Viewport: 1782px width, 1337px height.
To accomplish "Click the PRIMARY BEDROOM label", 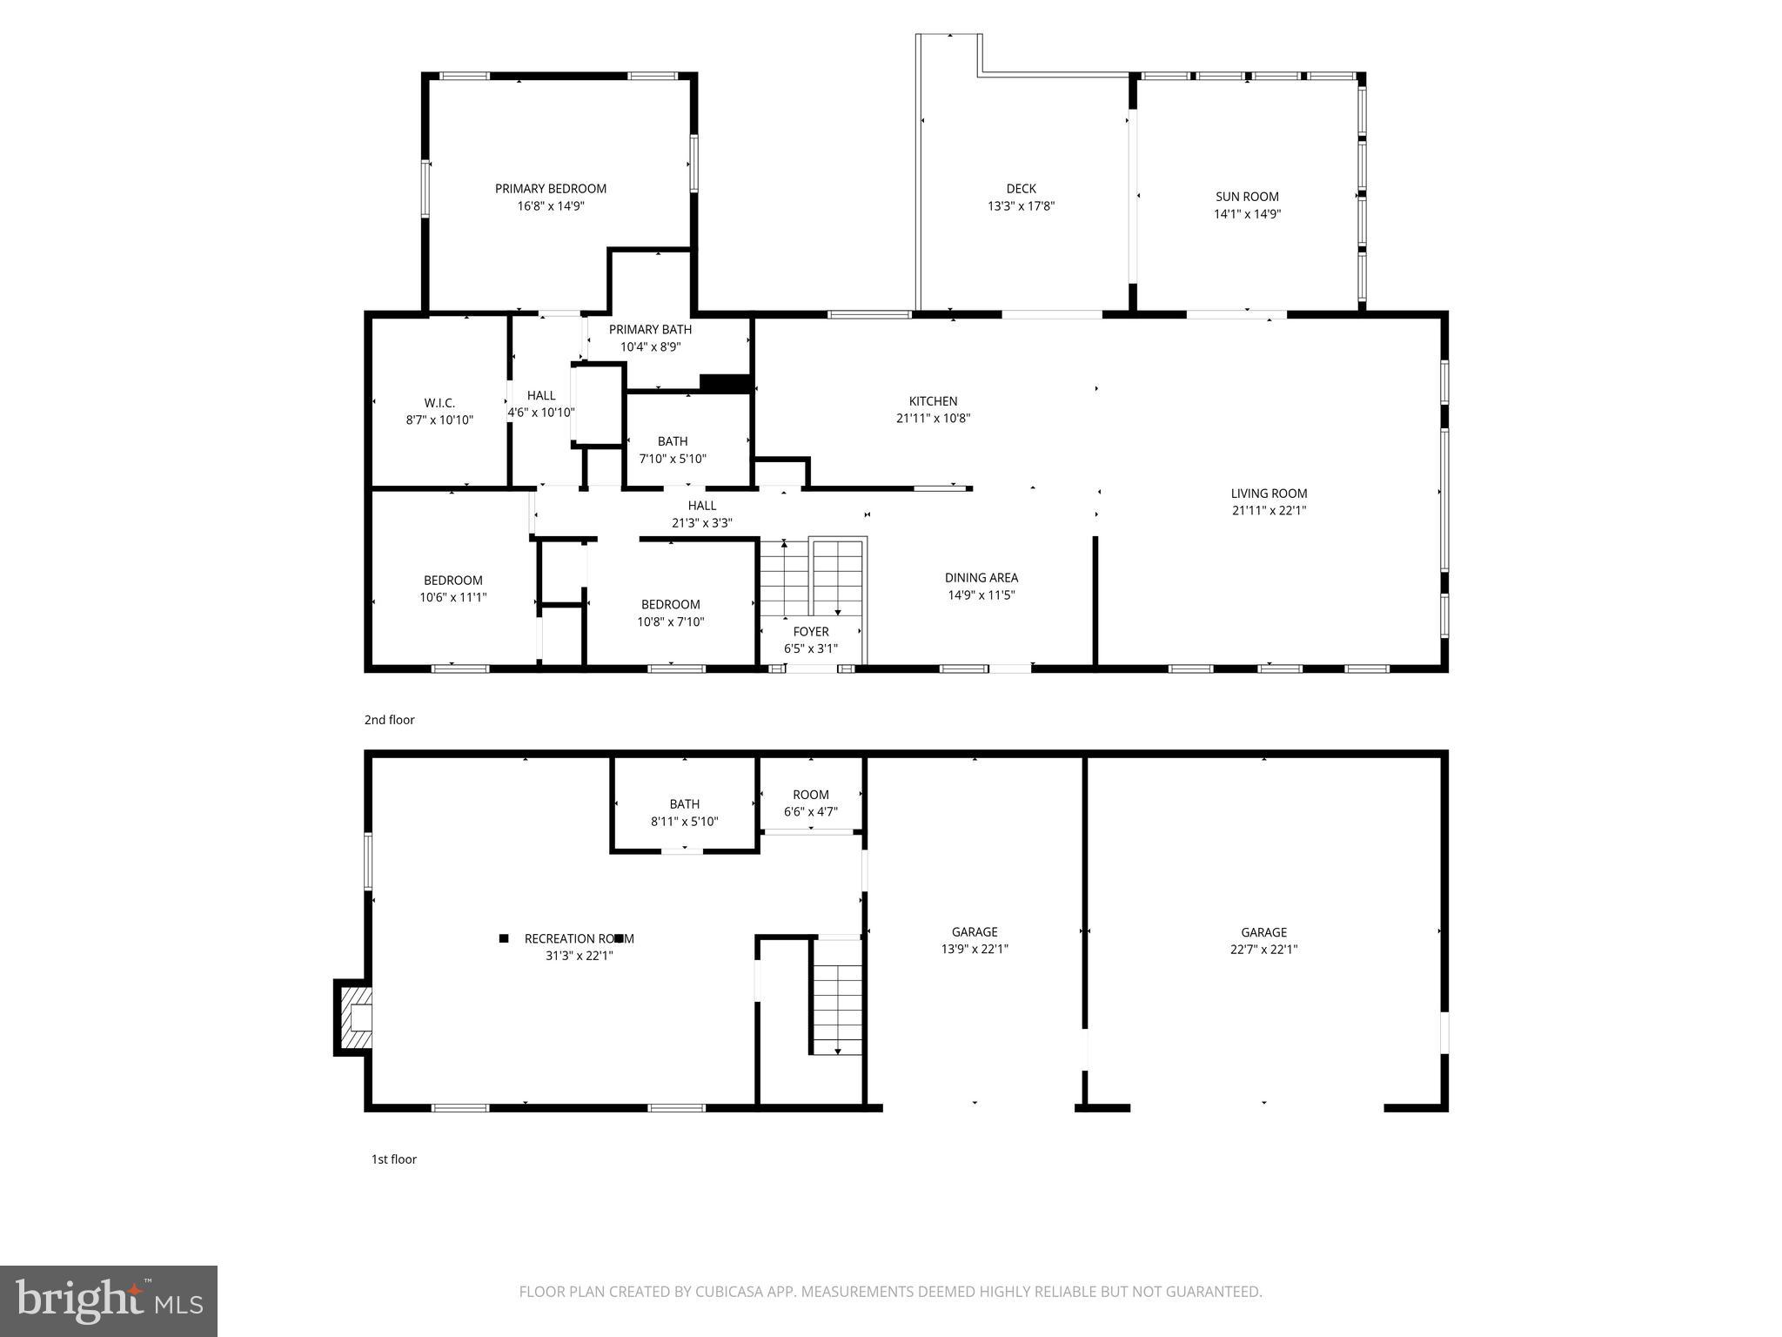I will (x=550, y=189).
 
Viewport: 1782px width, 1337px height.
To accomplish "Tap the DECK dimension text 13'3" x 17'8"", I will (x=1021, y=206).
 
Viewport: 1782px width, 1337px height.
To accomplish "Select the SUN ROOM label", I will (x=1247, y=197).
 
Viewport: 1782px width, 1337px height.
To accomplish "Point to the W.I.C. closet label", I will (x=439, y=403).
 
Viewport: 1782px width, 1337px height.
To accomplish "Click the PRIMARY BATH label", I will (x=650, y=330).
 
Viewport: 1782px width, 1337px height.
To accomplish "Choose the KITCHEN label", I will (x=933, y=401).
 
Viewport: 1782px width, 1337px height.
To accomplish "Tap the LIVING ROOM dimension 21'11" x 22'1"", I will (x=1269, y=511).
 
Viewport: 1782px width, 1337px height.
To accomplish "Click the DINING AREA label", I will (x=981, y=578).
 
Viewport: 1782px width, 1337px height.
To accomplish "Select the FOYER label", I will (x=810, y=632).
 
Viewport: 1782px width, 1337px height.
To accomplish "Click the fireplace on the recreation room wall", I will (x=353, y=1017).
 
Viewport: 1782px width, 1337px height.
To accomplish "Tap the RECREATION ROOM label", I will (x=579, y=938).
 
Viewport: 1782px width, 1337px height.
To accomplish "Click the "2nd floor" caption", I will (x=389, y=720).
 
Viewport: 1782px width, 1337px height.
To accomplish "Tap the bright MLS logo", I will (x=109, y=1301).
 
